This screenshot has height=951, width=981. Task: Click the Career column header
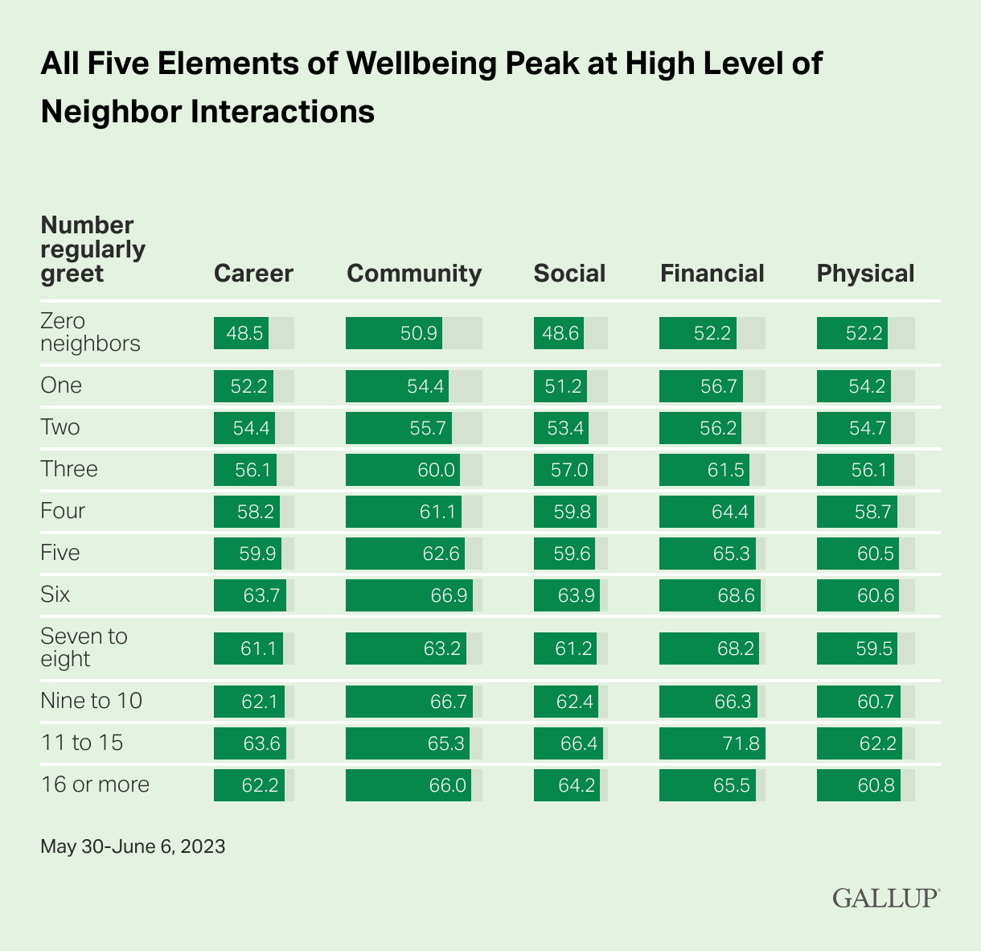253,274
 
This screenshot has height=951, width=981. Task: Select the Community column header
414,274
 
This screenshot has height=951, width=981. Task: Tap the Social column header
569,274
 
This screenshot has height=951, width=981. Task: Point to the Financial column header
712,274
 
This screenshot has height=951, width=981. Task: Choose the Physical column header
865,274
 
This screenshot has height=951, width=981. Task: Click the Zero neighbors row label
90,332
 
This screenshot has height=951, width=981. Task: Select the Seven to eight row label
84,648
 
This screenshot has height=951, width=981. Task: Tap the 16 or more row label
95,784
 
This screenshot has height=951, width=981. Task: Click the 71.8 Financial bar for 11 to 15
712,743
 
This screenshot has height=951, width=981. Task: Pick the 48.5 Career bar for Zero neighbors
241,333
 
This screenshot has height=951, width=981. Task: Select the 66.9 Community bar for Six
409,595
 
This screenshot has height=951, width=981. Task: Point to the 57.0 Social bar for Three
564,469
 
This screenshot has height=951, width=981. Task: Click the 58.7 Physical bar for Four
857,511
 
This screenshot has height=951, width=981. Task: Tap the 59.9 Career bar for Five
248,553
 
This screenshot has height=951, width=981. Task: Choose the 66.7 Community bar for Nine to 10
409,701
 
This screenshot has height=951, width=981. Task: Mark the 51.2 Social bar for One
560,385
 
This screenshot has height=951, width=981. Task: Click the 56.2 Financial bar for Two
700,427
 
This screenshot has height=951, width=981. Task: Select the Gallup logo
885,898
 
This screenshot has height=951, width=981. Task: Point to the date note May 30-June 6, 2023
133,846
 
